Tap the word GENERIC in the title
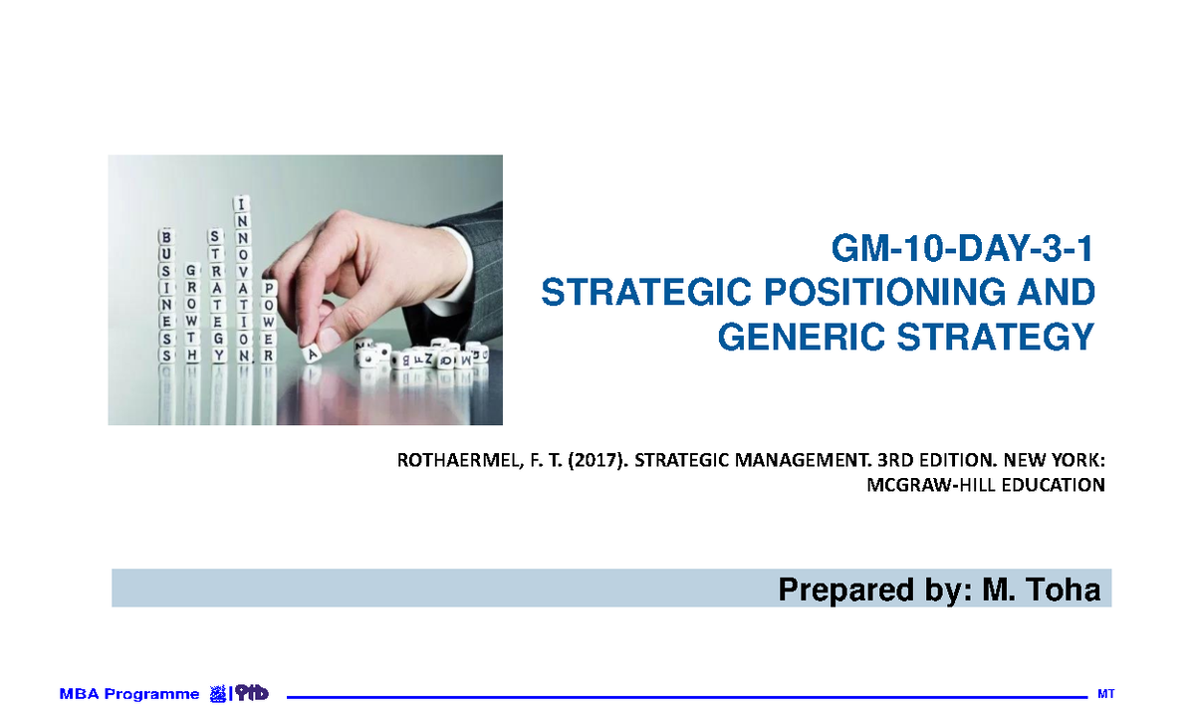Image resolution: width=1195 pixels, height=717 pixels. (x=808, y=338)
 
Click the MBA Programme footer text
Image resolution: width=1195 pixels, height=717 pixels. (x=129, y=694)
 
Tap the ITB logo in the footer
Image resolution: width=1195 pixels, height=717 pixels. (x=240, y=694)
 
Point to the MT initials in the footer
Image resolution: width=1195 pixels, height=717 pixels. (x=1103, y=693)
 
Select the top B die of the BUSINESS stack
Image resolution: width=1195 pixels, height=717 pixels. (x=165, y=238)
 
